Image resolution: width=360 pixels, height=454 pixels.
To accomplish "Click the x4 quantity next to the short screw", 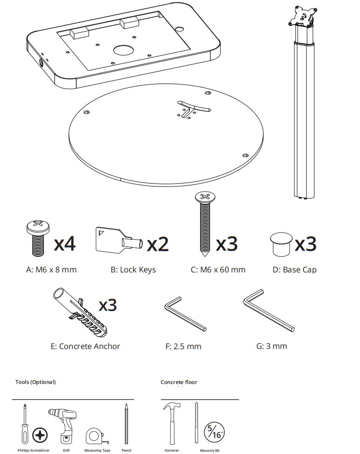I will pyautogui.click(x=65, y=244).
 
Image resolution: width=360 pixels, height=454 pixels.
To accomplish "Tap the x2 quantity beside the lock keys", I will pyautogui.click(x=158, y=244).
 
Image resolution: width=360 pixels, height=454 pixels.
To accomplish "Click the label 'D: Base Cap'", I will pyautogui.click(x=294, y=270).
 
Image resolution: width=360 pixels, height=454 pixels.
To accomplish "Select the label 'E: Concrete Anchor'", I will pyautogui.click(x=85, y=346).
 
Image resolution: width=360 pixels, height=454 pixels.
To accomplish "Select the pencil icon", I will pyautogui.click(x=126, y=424).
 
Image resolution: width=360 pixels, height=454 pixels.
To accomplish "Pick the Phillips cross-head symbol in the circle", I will pyautogui.click(x=40, y=436).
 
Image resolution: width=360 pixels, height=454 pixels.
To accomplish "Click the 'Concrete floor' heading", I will pyautogui.click(x=179, y=382).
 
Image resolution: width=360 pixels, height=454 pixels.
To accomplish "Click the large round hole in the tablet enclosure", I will pyautogui.click(x=124, y=50).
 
